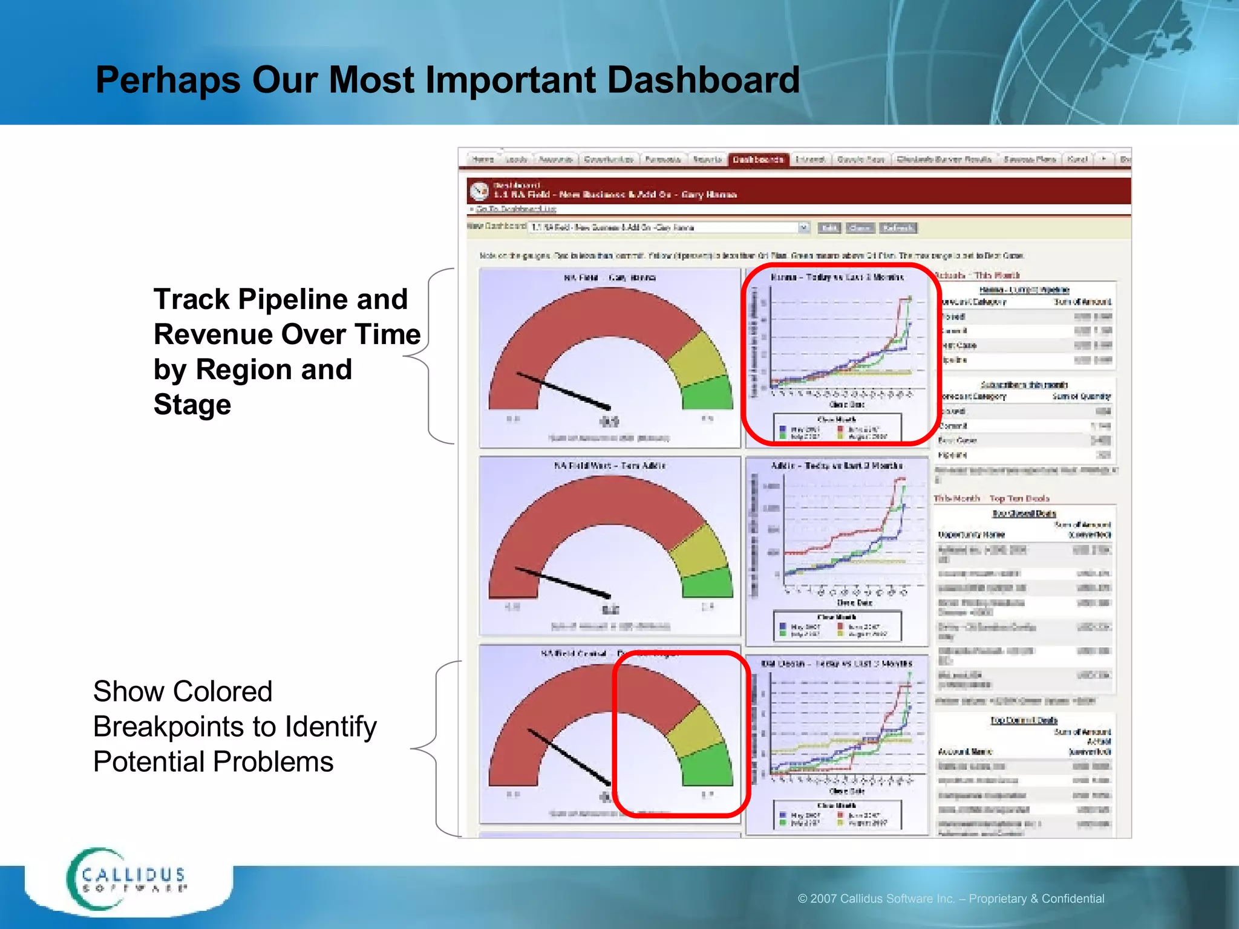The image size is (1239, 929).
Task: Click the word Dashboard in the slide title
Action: [703, 80]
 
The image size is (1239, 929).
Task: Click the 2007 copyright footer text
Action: [950, 898]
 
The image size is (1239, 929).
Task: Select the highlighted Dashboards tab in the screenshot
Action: [758, 160]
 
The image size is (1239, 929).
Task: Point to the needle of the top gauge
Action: [563, 391]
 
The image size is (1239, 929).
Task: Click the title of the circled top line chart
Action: [837, 278]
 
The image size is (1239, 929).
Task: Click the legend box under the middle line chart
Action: [837, 626]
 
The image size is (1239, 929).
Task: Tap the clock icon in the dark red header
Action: [479, 191]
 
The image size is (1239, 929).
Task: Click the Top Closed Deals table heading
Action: [1024, 513]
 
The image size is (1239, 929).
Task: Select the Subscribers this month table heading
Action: [1024, 385]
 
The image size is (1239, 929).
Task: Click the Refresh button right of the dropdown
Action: [898, 228]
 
